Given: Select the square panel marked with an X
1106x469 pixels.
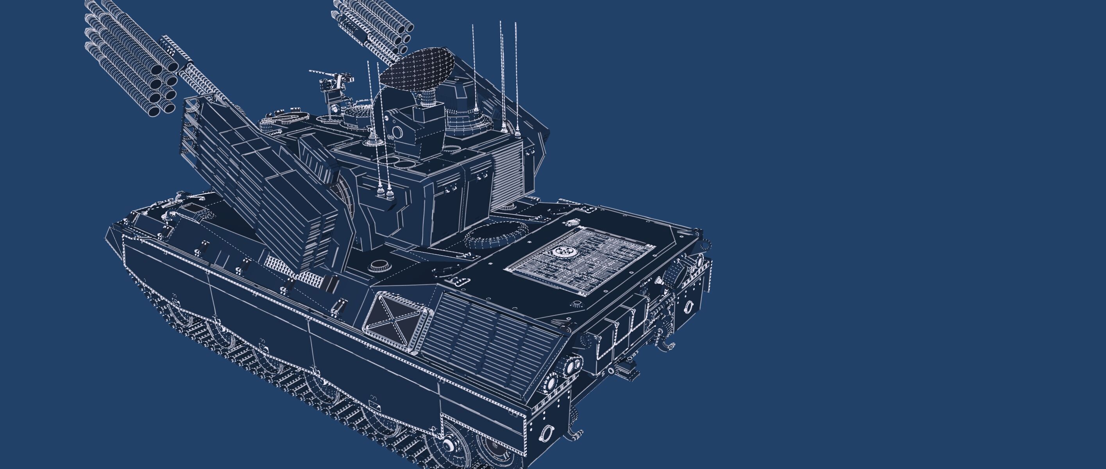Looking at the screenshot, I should [396, 318].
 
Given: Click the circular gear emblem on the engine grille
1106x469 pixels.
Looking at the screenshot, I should [562, 252].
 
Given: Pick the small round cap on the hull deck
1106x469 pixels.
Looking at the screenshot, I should [378, 265].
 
